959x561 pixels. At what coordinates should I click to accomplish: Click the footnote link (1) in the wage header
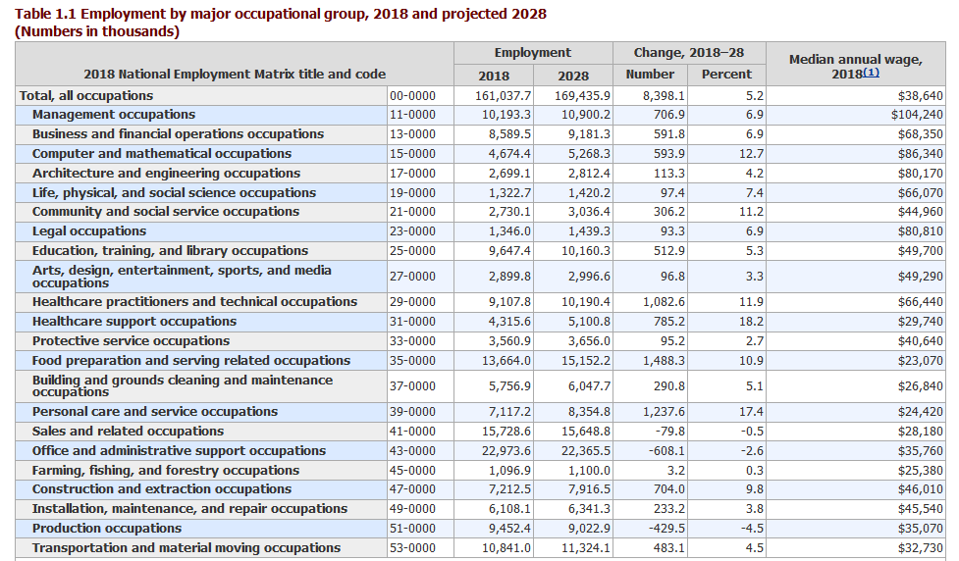coord(871,73)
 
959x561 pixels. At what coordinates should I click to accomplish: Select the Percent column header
coord(726,75)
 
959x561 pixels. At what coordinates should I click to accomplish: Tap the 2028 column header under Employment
coord(573,76)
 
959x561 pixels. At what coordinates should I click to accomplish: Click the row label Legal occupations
coord(89,231)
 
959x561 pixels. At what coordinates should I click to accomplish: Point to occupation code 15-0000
coord(413,153)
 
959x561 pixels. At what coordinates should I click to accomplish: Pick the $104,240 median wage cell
coord(917,115)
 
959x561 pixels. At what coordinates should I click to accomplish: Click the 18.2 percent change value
coord(751,322)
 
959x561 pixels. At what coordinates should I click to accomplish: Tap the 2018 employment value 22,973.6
coord(506,451)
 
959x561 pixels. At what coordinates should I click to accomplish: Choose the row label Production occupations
coord(107,528)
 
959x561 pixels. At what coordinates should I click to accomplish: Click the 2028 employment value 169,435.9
coord(582,96)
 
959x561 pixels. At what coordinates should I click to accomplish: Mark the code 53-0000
coord(413,548)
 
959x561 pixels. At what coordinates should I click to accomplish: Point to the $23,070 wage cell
coord(921,361)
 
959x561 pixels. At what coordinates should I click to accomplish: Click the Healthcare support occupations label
coord(134,322)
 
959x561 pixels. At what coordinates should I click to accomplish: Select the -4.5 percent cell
coord(752,529)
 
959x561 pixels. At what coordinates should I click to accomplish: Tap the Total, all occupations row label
coord(86,96)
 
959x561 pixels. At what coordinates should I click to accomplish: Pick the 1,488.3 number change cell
coord(664,361)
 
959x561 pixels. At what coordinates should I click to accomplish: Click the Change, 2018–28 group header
coord(689,53)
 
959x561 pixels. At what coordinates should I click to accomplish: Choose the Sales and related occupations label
coord(128,432)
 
